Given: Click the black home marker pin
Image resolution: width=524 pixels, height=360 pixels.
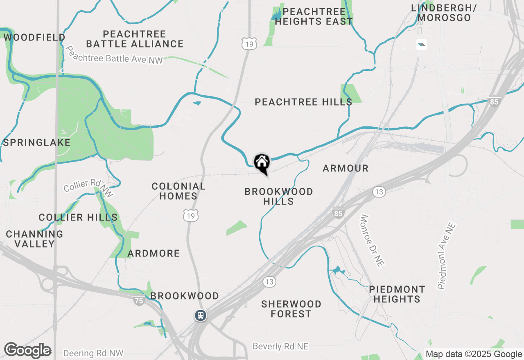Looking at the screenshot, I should (262, 163).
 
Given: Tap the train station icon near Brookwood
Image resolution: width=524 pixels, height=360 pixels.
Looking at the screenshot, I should (200, 315).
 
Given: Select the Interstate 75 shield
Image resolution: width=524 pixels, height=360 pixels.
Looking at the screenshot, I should (139, 301).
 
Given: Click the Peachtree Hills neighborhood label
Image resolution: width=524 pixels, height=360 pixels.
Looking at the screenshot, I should (303, 102).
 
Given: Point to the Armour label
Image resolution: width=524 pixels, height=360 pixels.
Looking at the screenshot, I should (346, 168).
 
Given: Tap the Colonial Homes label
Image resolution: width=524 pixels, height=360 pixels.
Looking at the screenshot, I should (178, 191).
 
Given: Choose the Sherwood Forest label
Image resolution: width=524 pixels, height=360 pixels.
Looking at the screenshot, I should (291, 309).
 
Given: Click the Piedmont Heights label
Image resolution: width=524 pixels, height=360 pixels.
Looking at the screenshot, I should (397, 294).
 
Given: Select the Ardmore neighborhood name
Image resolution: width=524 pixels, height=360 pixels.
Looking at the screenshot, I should (154, 254).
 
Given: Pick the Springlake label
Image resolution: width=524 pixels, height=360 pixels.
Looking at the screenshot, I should (36, 143).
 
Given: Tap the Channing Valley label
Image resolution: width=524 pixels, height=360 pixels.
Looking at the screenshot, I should (34, 239).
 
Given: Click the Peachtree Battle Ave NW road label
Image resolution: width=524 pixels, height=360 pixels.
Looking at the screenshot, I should (114, 55).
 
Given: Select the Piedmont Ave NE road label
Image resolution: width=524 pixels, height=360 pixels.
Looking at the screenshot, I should (446, 256).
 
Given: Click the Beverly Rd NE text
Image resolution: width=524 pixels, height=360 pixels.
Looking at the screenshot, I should (280, 346).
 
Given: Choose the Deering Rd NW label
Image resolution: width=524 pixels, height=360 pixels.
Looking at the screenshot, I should (93, 353).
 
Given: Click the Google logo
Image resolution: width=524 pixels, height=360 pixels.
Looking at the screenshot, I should (27, 351).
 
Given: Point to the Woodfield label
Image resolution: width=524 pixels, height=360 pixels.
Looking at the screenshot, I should (34, 38).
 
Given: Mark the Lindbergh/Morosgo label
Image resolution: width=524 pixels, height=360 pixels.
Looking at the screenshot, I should (441, 13).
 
